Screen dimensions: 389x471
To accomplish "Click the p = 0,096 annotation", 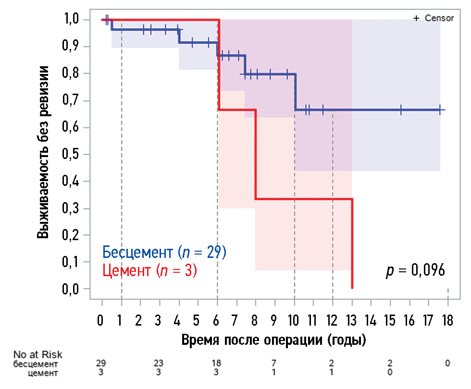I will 415,270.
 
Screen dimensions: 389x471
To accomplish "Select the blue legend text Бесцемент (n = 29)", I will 164,252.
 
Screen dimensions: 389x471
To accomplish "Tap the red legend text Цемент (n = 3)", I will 149,270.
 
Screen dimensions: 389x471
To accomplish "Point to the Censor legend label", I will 439,18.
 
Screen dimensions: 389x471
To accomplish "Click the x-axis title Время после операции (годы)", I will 274,340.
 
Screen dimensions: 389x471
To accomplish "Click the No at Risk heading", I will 37,355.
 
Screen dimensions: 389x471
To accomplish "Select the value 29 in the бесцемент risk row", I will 102,364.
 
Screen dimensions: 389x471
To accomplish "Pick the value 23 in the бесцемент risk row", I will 159,364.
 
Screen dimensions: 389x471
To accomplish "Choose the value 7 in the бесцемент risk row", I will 274,364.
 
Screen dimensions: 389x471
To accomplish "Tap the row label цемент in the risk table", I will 45,373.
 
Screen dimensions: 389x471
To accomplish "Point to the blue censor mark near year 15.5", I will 400,110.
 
